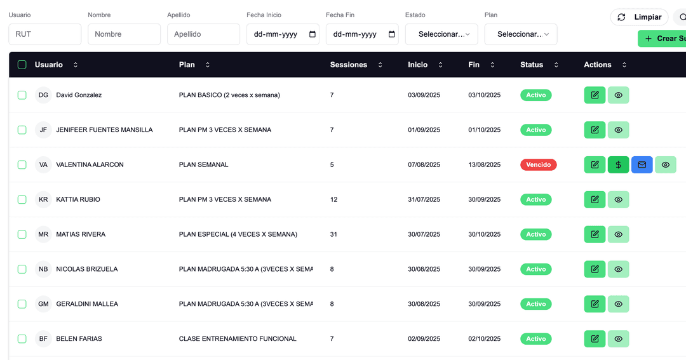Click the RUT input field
pyautogui.click(x=44, y=34)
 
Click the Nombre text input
pyautogui.click(x=124, y=34)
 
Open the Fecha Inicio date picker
pyautogui.click(x=312, y=34)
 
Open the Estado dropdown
pyautogui.click(x=441, y=34)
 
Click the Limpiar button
pyautogui.click(x=640, y=17)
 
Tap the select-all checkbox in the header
pyautogui.click(x=22, y=65)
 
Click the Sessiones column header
pyautogui.click(x=349, y=65)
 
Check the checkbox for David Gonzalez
pyautogui.click(x=22, y=95)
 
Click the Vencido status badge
pyautogui.click(x=538, y=164)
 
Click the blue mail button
pyautogui.click(x=642, y=164)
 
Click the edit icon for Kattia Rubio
pyautogui.click(x=595, y=199)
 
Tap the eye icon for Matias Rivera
pyautogui.click(x=618, y=234)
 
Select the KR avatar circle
pyautogui.click(x=43, y=199)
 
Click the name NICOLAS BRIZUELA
pyautogui.click(x=87, y=269)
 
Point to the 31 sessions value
pyautogui.click(x=334, y=234)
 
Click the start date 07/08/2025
pyautogui.click(x=424, y=164)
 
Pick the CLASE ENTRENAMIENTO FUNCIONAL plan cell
pyautogui.click(x=238, y=339)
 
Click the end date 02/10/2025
pyautogui.click(x=484, y=339)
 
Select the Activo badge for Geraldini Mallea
pyautogui.click(x=535, y=304)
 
